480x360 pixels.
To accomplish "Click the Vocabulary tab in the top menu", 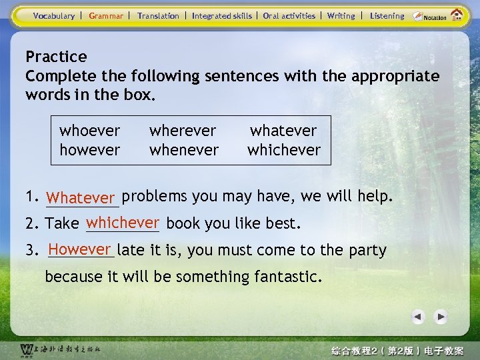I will pos(54,16).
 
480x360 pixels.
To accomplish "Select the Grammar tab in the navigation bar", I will pos(106,16).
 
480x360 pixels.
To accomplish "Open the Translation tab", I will pos(158,16).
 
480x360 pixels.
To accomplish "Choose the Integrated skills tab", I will pos(222,16).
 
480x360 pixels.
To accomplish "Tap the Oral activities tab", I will pos(289,16).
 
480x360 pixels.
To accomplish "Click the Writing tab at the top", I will pos(341,16).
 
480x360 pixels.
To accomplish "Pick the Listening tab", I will pos(387,16).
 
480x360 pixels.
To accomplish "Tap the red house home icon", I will pos(457,15).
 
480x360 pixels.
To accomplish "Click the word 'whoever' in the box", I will pos(90,131).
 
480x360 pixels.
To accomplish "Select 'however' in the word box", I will pos(90,150).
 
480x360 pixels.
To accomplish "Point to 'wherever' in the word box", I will pos(183,131).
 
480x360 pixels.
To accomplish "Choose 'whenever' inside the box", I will pos(184,150).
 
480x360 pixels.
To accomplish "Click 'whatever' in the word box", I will pos(283,131).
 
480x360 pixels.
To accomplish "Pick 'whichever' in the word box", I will pos(284,150).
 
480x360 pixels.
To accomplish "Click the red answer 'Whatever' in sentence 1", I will pos(82,198).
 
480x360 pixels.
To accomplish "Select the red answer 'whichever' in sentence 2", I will pos(123,223).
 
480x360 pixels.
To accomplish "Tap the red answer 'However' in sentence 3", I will pos(79,249).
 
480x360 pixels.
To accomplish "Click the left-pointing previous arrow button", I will pos(417,317).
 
